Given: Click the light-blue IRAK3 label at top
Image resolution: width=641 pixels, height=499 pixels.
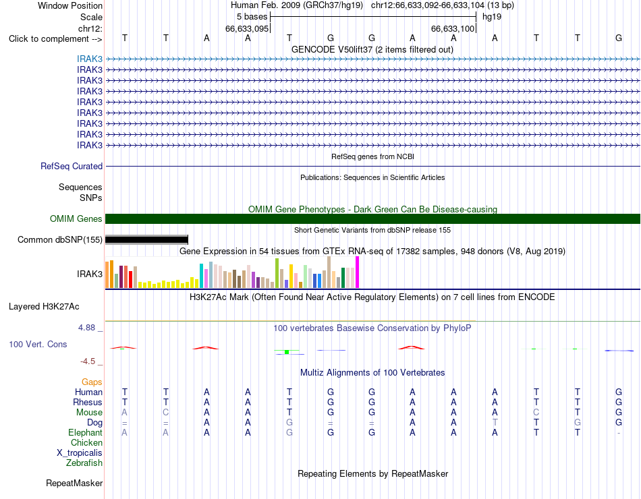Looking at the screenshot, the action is click(x=90, y=59).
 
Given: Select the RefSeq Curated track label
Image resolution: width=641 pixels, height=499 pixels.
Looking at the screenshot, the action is click(x=72, y=166).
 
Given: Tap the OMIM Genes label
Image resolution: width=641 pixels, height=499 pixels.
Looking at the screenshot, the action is click(x=76, y=218).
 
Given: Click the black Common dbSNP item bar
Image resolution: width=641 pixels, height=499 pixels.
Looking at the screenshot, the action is click(x=146, y=239).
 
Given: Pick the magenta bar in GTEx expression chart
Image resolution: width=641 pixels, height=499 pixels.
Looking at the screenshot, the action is click(x=358, y=272).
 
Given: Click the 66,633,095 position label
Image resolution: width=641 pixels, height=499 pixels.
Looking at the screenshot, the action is click(x=247, y=28).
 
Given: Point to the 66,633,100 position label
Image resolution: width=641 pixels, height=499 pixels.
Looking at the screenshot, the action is click(x=453, y=28).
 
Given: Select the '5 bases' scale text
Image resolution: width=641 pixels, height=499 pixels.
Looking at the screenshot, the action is click(x=252, y=17).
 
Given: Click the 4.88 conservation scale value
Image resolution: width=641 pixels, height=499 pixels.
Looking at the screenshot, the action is click(x=86, y=327).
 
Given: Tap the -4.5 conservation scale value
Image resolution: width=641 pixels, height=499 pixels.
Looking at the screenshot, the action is click(x=88, y=361).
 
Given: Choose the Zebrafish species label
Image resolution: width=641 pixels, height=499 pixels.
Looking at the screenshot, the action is click(x=84, y=463).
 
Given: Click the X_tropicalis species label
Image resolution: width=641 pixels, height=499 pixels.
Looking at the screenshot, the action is click(x=80, y=453).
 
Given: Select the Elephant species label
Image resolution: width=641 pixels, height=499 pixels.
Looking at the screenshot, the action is click(x=86, y=432).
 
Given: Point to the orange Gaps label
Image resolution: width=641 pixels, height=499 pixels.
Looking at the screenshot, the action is click(x=92, y=382).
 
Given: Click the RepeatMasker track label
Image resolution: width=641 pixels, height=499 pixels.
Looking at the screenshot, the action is click(x=74, y=483).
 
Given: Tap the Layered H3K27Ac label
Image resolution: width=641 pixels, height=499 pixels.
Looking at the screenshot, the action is click(x=44, y=307).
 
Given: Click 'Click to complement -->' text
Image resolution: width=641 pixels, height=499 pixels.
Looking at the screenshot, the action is click(x=55, y=39).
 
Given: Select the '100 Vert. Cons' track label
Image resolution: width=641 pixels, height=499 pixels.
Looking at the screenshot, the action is click(x=38, y=344).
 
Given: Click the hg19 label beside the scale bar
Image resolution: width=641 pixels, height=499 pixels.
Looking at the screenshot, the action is click(x=492, y=17).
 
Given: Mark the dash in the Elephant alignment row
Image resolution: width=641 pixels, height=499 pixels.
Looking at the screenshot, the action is click(x=619, y=433).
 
